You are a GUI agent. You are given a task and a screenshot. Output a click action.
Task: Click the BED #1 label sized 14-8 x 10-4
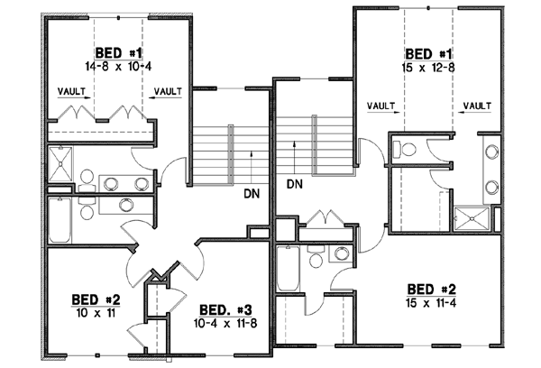tap(118, 51)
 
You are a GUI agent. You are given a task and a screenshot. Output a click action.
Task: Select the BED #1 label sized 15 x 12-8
tap(432, 53)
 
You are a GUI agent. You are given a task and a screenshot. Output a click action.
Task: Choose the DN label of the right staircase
tap(294, 184)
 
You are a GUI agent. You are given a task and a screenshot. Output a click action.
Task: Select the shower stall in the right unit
tap(474, 217)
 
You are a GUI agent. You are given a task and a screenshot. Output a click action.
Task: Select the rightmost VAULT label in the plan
tap(476, 106)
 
